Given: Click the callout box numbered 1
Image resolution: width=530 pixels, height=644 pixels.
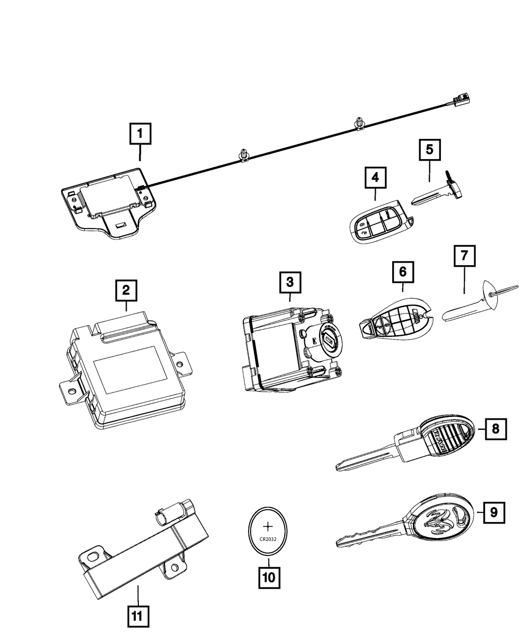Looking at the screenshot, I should coord(140,134).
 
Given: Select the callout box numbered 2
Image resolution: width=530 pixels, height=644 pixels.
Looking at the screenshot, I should coord(126,290).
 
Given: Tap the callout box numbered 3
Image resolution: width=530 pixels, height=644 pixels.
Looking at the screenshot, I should coord(290,283).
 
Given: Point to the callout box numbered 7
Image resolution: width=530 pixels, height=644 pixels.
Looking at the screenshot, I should coord(464,256).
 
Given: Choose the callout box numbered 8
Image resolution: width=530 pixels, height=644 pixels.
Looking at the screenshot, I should coord(495,429).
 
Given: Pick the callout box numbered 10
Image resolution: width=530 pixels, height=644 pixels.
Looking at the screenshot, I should coord(269,578).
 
